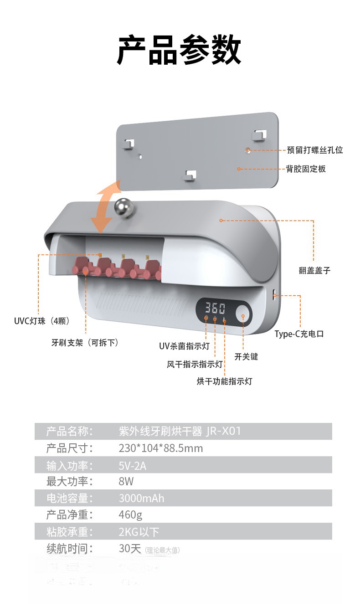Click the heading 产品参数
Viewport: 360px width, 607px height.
[179, 51]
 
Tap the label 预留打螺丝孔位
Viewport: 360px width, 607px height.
[314, 150]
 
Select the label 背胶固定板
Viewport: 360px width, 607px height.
[306, 169]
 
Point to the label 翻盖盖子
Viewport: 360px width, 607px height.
[314, 271]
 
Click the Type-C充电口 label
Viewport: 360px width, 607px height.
[299, 334]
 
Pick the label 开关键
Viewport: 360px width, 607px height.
[246, 356]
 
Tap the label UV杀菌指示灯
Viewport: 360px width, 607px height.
[184, 346]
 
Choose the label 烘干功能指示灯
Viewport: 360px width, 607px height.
[224, 381]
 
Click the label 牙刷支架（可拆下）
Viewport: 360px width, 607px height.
[85, 342]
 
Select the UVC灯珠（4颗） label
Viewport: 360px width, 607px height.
[41, 321]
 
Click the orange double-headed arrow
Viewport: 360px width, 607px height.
[105, 206]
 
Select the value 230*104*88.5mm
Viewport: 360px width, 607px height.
[160, 448]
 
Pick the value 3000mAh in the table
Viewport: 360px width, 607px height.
[141, 498]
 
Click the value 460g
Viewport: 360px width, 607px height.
[130, 514]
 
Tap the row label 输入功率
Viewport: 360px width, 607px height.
[69, 465]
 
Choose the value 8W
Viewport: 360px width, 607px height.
[126, 481]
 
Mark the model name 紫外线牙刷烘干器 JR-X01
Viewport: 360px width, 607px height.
[179, 431]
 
